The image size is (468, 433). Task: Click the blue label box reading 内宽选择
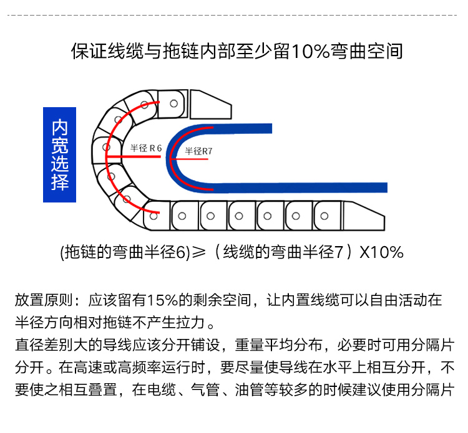[59, 155]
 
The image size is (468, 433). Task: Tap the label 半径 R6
[146, 148]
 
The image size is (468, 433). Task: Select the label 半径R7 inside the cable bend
[199, 151]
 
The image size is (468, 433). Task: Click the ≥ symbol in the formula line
[198, 252]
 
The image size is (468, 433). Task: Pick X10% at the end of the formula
[382, 252]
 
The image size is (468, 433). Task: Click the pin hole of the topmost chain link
[175, 103]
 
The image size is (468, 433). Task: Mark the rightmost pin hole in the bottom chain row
[324, 216]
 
